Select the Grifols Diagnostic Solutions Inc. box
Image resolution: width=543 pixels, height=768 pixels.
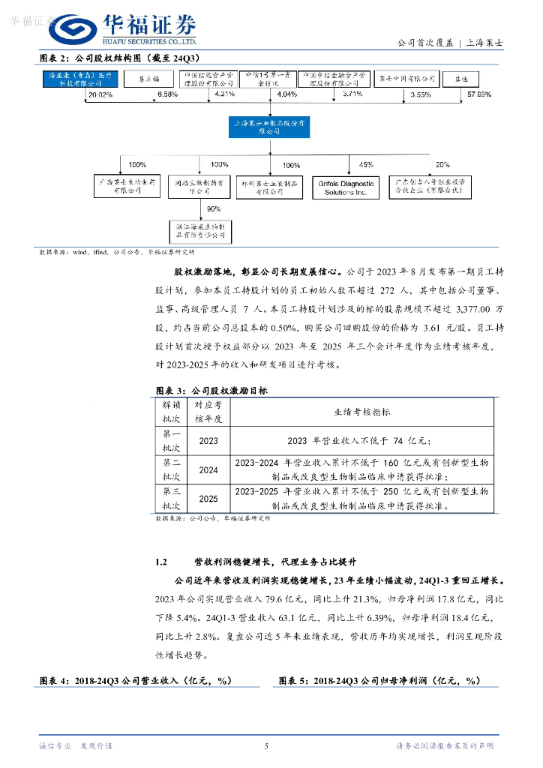(346, 187)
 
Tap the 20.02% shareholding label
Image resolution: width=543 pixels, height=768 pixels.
(100, 94)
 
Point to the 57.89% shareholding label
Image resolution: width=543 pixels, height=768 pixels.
(478, 94)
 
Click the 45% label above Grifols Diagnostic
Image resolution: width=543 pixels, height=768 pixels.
(365, 163)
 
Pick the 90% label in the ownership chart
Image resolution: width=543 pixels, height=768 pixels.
(214, 208)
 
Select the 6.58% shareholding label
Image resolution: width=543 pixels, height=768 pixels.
(167, 94)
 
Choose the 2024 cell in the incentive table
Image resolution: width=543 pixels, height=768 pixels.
(208, 470)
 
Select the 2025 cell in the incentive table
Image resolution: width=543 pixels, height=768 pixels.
(208, 498)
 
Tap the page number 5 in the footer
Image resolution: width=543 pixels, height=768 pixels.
(266, 745)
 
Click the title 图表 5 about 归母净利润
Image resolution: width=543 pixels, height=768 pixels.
(378, 680)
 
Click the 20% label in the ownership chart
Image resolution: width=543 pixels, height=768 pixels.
(442, 163)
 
